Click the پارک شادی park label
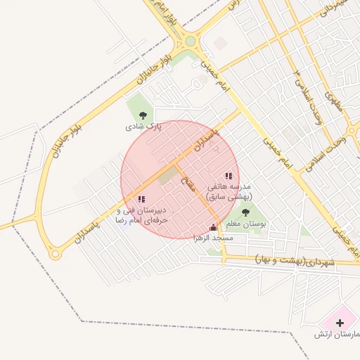pyautogui.click(x=143, y=127)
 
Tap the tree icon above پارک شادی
pyautogui.click(x=143, y=115)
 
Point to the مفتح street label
pyautogui.click(x=188, y=184)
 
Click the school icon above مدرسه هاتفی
pyautogui.click(x=228, y=176)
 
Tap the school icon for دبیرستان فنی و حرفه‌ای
pyautogui.click(x=142, y=200)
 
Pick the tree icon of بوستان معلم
pyautogui.click(x=245, y=212)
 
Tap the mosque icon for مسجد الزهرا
pyautogui.click(x=214, y=227)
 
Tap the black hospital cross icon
pyautogui.click(x=340, y=323)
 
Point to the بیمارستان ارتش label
pyautogui.click(x=337, y=335)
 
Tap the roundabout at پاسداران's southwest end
pyautogui.click(x=54, y=254)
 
